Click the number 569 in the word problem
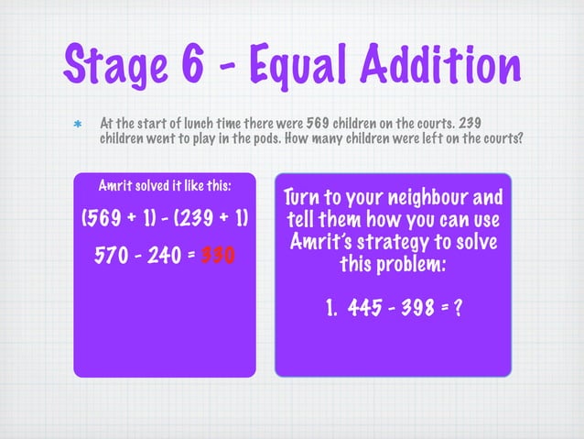pyautogui.click(x=301, y=122)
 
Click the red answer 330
pyautogui.click(x=216, y=255)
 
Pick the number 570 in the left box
pyautogui.click(x=113, y=255)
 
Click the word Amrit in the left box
pyautogui.click(x=114, y=186)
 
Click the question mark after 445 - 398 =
pyautogui.click(x=456, y=310)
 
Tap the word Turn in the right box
pyautogui.click(x=302, y=198)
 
